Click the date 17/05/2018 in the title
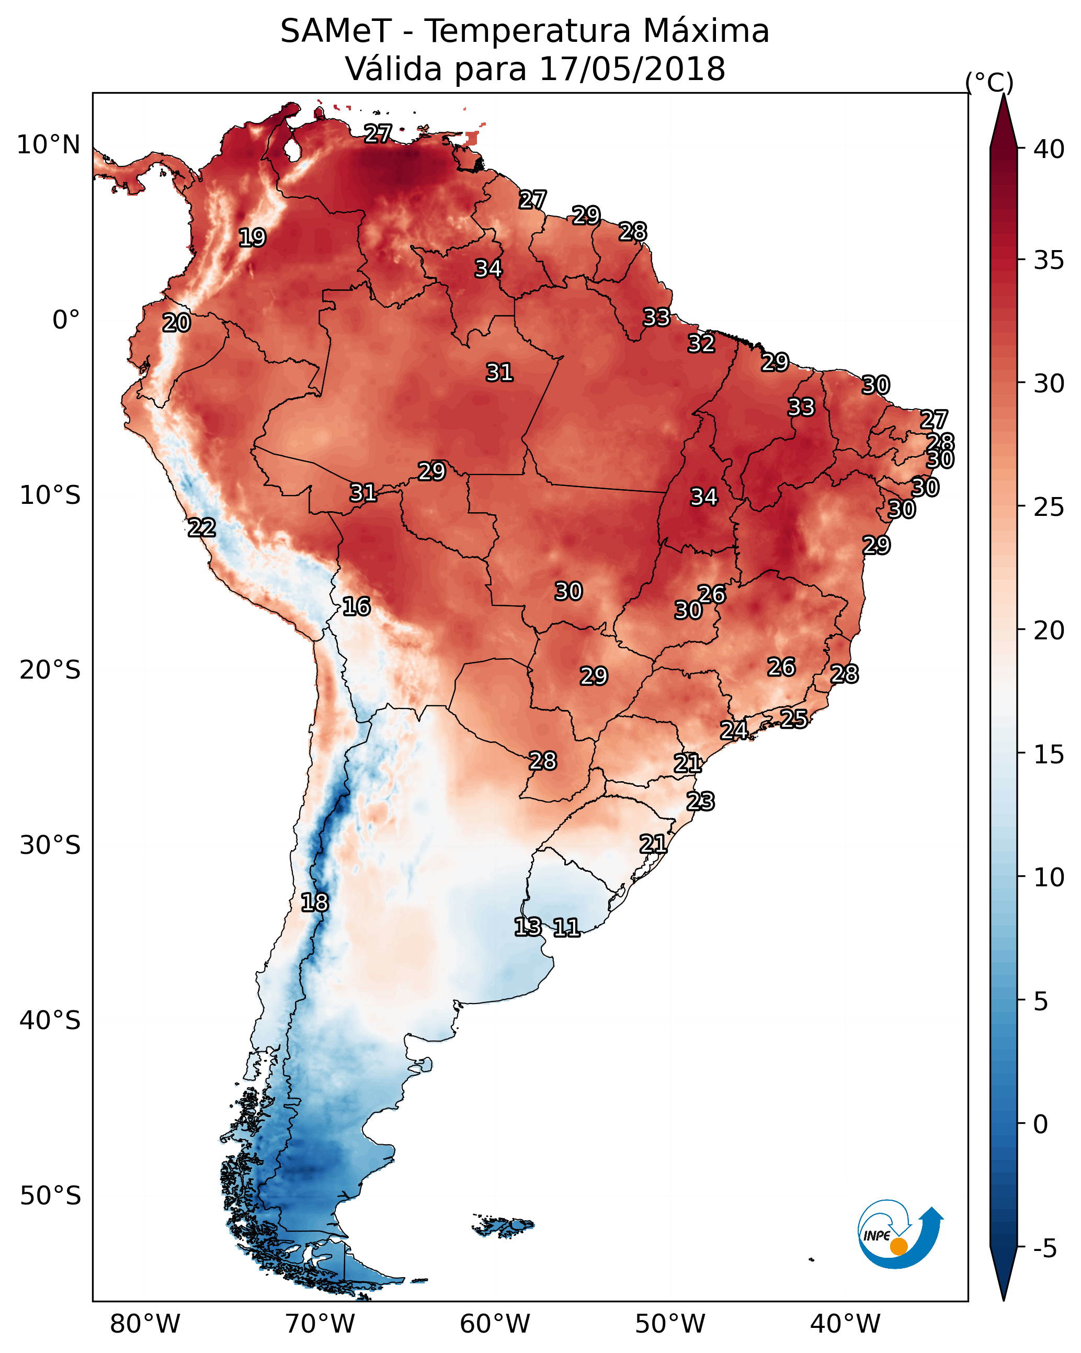632,69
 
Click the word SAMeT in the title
336,31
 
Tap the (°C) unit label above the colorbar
989,82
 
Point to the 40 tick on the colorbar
1049,149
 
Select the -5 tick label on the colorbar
1044,1248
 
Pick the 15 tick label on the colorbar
1049,754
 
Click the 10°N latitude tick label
48,145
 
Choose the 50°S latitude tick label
50,1196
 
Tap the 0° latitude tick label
66,320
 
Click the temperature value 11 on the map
566,928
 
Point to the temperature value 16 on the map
356,606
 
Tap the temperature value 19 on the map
252,238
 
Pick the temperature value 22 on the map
202,528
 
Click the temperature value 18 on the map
314,903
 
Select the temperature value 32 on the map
701,344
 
